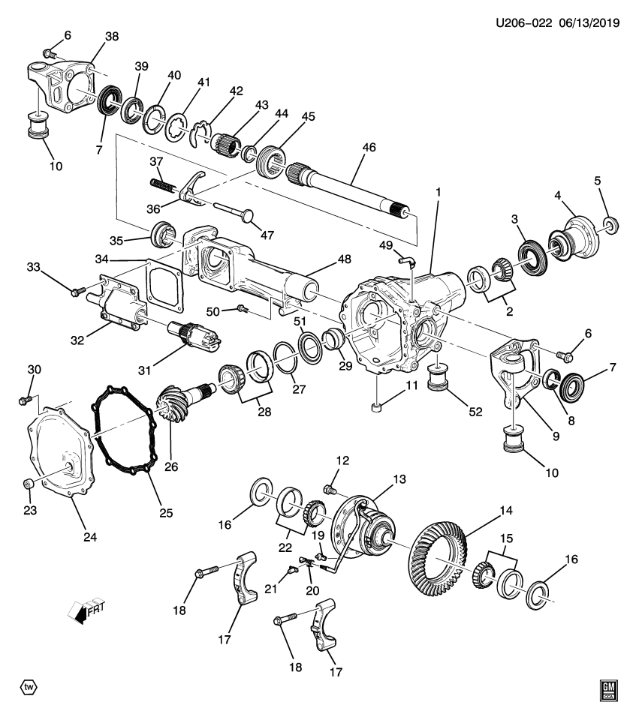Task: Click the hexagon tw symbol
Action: tap(28, 687)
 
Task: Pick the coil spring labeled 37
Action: tap(159, 184)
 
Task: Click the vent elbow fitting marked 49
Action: tap(406, 260)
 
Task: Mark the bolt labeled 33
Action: tap(75, 292)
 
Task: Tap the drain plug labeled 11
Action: tap(377, 408)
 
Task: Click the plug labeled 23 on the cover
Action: tap(28, 481)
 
